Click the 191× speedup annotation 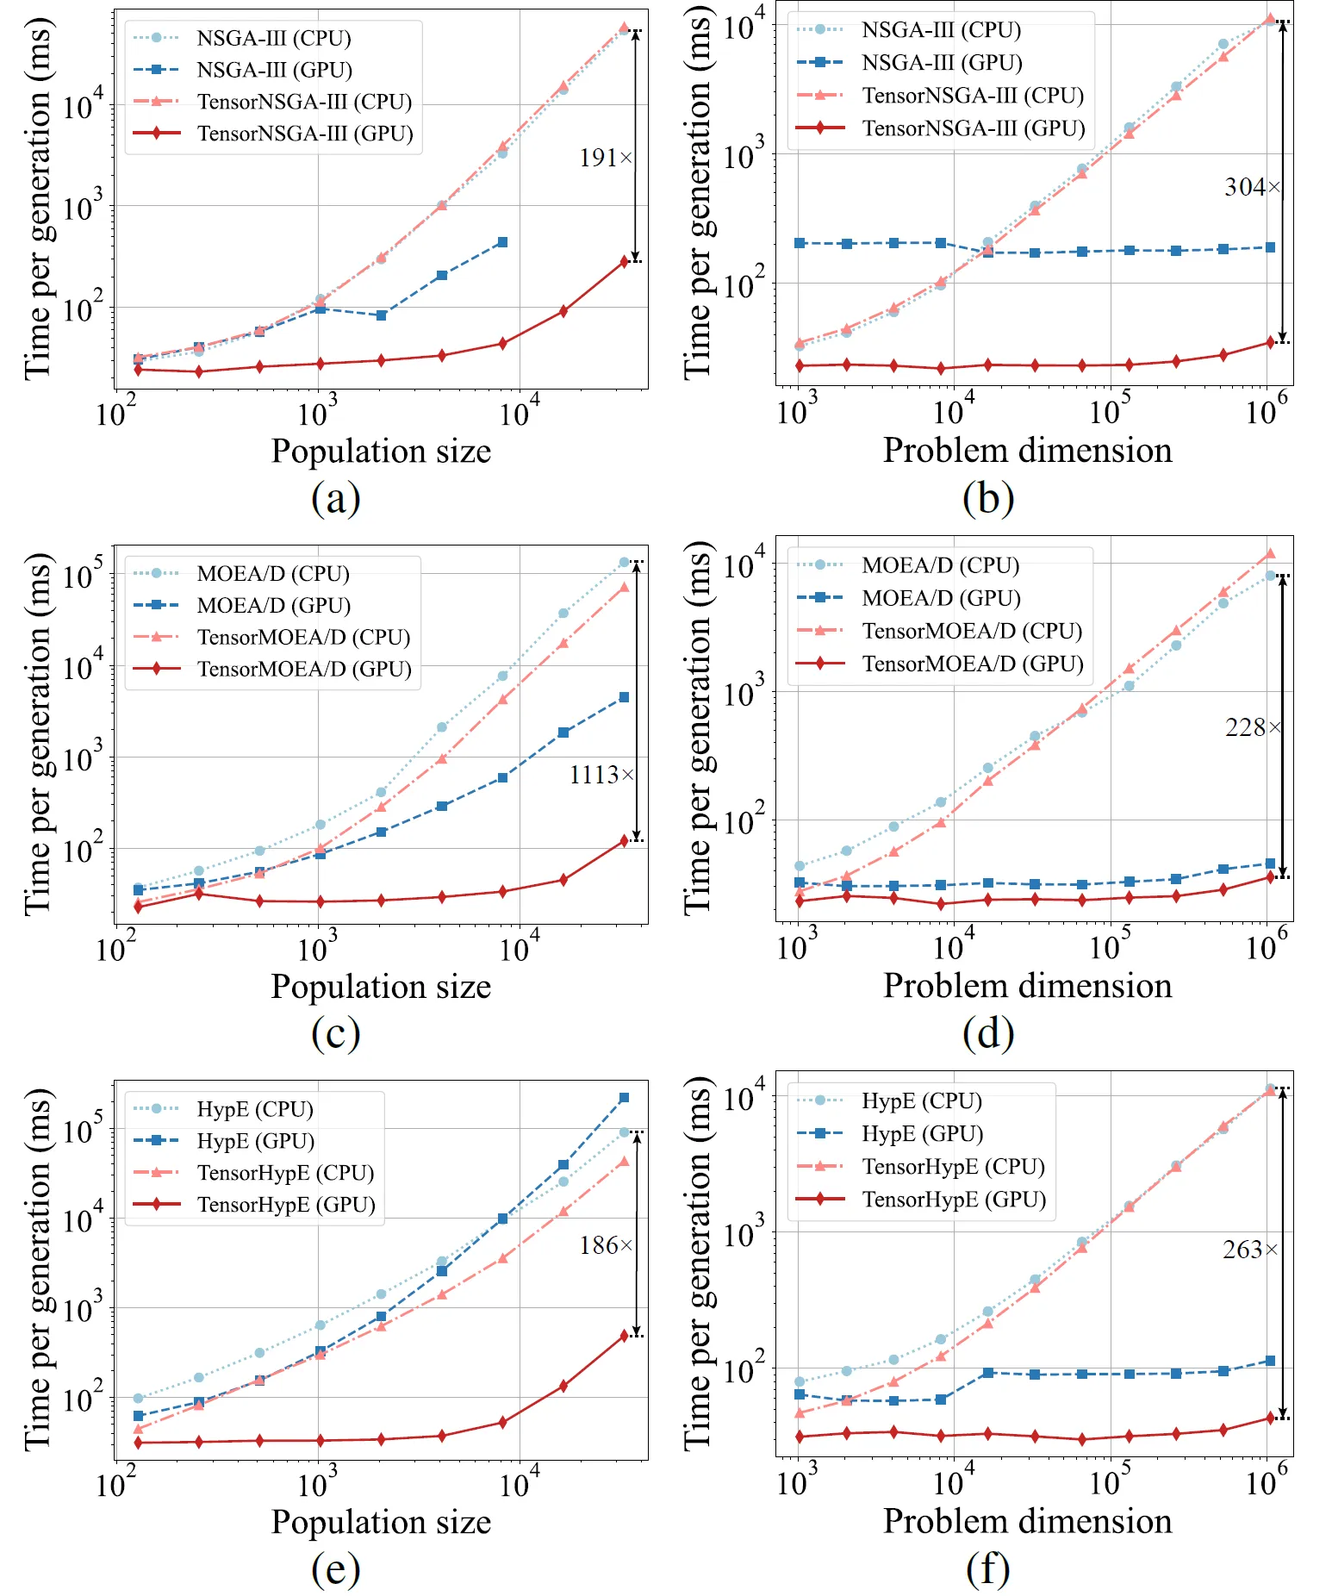[x=606, y=159]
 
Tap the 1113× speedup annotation [x=601, y=776]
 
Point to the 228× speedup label [x=1253, y=728]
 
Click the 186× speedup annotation [x=606, y=1246]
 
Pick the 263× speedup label [x=1250, y=1250]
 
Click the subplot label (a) [x=335, y=499]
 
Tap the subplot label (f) [x=988, y=1569]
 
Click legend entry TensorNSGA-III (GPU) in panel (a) [x=305, y=134]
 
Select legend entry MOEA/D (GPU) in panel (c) [x=274, y=606]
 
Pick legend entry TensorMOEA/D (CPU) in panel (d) [x=972, y=632]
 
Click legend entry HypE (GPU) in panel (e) [x=256, y=1141]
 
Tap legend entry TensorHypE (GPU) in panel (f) [x=954, y=1200]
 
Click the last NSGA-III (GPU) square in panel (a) [x=502, y=242]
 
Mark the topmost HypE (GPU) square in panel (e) [x=624, y=1098]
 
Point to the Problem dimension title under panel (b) [x=1027, y=451]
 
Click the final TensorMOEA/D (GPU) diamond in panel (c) [x=625, y=840]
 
